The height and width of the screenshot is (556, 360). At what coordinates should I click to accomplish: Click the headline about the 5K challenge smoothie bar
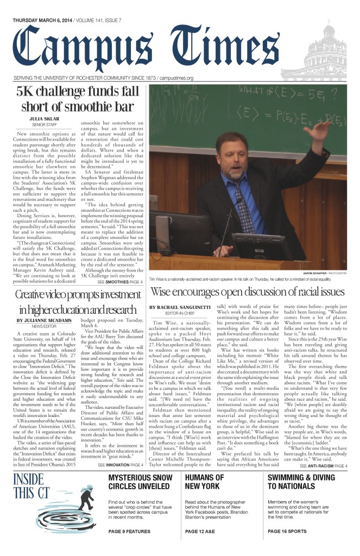tap(78, 98)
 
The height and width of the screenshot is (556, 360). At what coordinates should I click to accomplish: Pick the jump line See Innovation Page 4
tap(120, 465)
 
